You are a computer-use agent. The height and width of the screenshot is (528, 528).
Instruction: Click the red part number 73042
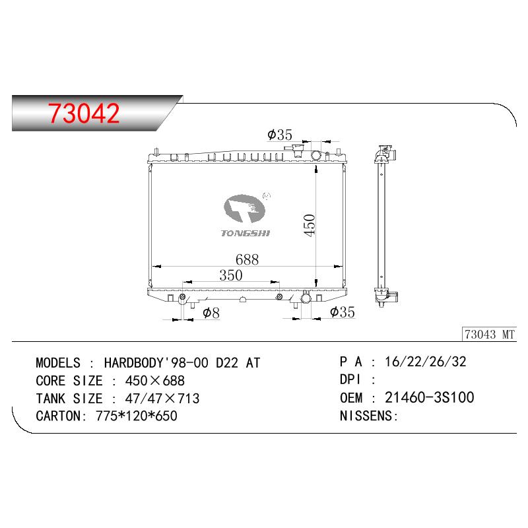[84, 113]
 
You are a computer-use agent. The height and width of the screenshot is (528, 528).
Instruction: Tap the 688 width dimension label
[247, 259]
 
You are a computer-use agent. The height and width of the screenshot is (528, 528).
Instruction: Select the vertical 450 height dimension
[309, 225]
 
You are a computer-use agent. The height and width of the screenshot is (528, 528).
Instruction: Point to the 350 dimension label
[230, 275]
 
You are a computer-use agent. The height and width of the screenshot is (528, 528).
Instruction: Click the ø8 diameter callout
[211, 313]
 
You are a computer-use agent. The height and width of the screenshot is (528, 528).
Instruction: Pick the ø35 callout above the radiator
[280, 135]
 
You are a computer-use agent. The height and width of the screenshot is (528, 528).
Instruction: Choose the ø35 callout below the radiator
[343, 312]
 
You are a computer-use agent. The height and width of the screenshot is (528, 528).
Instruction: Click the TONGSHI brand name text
[245, 233]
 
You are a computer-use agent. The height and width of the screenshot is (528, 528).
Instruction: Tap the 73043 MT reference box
[489, 335]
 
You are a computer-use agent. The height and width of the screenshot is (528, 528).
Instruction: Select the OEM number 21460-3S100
[430, 398]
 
